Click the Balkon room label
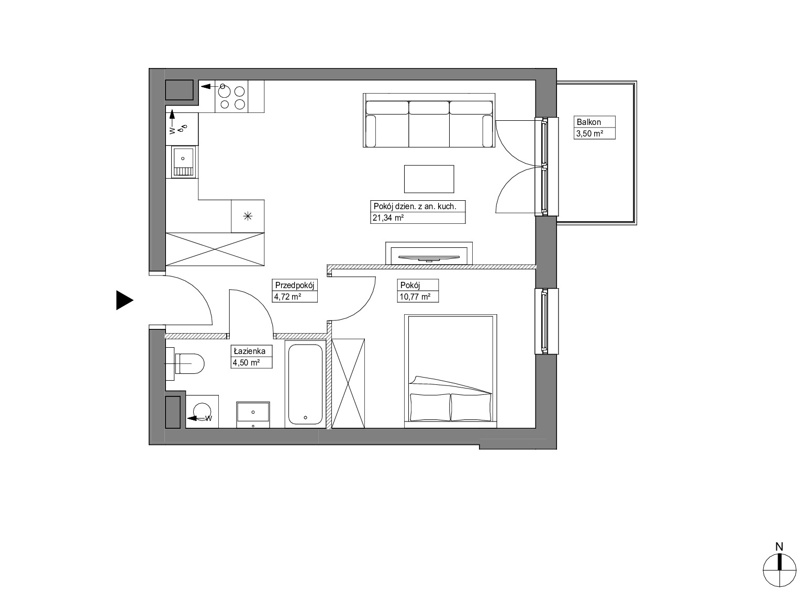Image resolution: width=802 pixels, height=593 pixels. pyautogui.click(x=588, y=122)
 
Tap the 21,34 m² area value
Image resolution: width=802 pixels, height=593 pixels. pyautogui.click(x=388, y=218)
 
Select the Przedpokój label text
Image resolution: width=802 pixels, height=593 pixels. pyautogui.click(x=294, y=285)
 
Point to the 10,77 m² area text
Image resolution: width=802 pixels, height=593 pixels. pyautogui.click(x=415, y=297)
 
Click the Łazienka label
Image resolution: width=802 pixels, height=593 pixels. pyautogui.click(x=250, y=351)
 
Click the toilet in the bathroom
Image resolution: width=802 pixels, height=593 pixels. pyautogui.click(x=185, y=363)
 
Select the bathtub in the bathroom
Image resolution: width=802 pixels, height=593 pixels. pyautogui.click(x=306, y=384)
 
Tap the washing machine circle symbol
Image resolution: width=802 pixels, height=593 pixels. pyautogui.click(x=202, y=412)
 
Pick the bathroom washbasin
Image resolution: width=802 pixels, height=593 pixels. pyautogui.click(x=253, y=415)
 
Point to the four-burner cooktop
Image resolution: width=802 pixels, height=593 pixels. pyautogui.click(x=232, y=96)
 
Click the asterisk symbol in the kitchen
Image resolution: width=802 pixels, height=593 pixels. pyautogui.click(x=248, y=216)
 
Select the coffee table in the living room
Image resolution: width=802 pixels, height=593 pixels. pyautogui.click(x=429, y=179)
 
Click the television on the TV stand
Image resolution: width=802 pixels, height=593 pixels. pyautogui.click(x=429, y=258)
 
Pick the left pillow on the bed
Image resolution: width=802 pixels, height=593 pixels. pyautogui.click(x=430, y=407)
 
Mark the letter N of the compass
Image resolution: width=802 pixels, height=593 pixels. pyautogui.click(x=779, y=547)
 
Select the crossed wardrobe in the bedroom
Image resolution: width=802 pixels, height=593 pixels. pyautogui.click(x=348, y=383)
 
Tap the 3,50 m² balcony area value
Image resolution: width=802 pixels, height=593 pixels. pyautogui.click(x=589, y=133)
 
